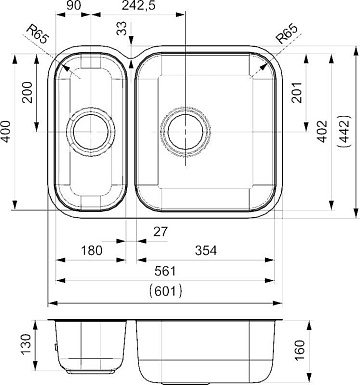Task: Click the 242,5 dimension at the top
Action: pyautogui.click(x=139, y=5)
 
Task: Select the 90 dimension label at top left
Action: pyautogui.click(x=73, y=5)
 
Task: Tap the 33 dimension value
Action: pyautogui.click(x=122, y=28)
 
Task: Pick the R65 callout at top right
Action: pyautogui.click(x=287, y=34)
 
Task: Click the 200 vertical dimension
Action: pyautogui.click(x=27, y=92)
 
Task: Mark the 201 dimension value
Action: pyautogui.click(x=296, y=92)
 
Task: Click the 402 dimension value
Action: pyautogui.click(x=322, y=131)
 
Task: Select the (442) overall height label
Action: pyautogui.click(x=345, y=131)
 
